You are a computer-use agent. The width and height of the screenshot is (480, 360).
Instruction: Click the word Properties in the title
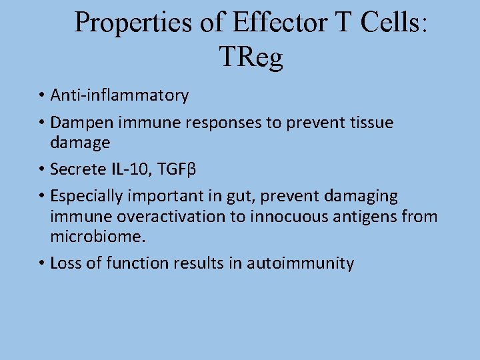(x=132, y=22)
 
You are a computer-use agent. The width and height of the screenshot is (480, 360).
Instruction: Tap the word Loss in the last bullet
(x=65, y=263)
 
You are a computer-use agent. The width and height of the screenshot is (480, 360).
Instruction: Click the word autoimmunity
(x=300, y=263)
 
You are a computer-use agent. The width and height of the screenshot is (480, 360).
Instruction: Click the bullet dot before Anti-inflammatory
(x=41, y=96)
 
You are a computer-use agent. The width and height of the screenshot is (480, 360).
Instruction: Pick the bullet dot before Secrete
(x=41, y=169)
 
